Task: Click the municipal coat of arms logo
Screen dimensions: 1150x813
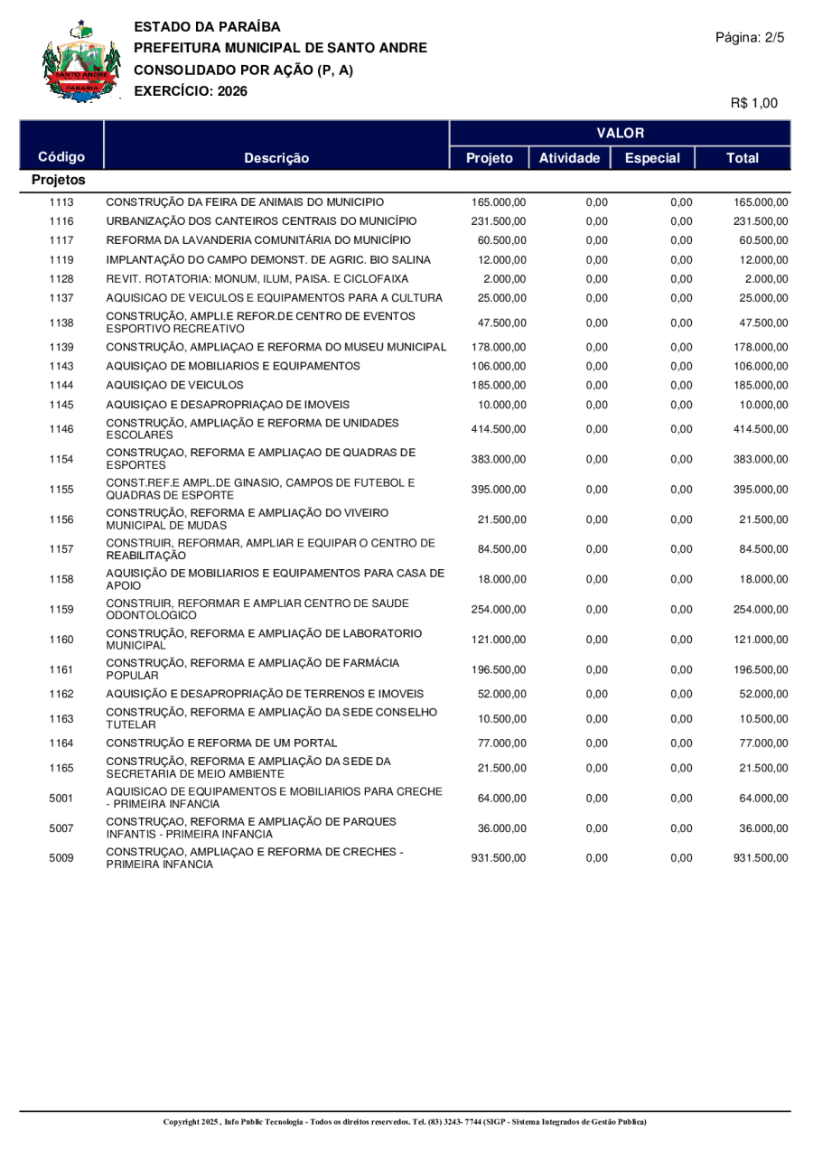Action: [x=80, y=61]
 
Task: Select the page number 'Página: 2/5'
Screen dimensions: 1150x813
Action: [x=750, y=38]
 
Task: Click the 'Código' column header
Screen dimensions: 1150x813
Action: [x=61, y=157]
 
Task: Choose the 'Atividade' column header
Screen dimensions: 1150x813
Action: [x=569, y=158]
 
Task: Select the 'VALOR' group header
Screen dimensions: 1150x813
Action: [x=621, y=133]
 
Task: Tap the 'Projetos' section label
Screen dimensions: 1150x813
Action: [x=58, y=181]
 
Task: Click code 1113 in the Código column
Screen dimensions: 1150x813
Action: [x=61, y=201]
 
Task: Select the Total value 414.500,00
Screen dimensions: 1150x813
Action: [x=761, y=430]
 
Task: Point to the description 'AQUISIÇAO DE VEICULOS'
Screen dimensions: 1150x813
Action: [x=174, y=385]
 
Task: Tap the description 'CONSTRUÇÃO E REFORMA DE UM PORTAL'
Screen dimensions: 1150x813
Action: [x=223, y=743]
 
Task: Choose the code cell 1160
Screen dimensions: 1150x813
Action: [x=61, y=640]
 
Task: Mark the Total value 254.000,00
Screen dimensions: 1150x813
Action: [x=761, y=610]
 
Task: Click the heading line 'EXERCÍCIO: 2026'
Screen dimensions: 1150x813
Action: [x=190, y=90]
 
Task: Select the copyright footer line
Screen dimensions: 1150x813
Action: [x=405, y=1122]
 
